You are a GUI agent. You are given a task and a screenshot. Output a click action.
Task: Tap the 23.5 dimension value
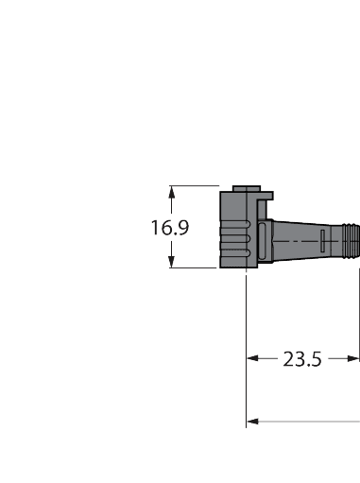tap(302, 359)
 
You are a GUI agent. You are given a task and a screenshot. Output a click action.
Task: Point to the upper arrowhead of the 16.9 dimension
tap(171, 191)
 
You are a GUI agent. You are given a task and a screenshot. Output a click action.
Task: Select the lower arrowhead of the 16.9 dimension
tap(171, 263)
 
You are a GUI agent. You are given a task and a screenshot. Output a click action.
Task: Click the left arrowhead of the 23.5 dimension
tap(252, 359)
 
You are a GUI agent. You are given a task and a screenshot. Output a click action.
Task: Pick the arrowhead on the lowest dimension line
tap(252, 422)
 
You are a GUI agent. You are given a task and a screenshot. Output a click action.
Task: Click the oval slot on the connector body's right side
tap(261, 241)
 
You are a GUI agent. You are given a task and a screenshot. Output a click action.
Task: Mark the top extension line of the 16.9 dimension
tap(194, 185)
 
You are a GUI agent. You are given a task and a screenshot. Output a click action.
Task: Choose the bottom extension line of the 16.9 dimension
tap(194, 267)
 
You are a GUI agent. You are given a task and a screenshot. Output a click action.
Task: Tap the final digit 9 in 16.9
tap(185, 228)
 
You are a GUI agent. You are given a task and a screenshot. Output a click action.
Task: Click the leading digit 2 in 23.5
tap(288, 359)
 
